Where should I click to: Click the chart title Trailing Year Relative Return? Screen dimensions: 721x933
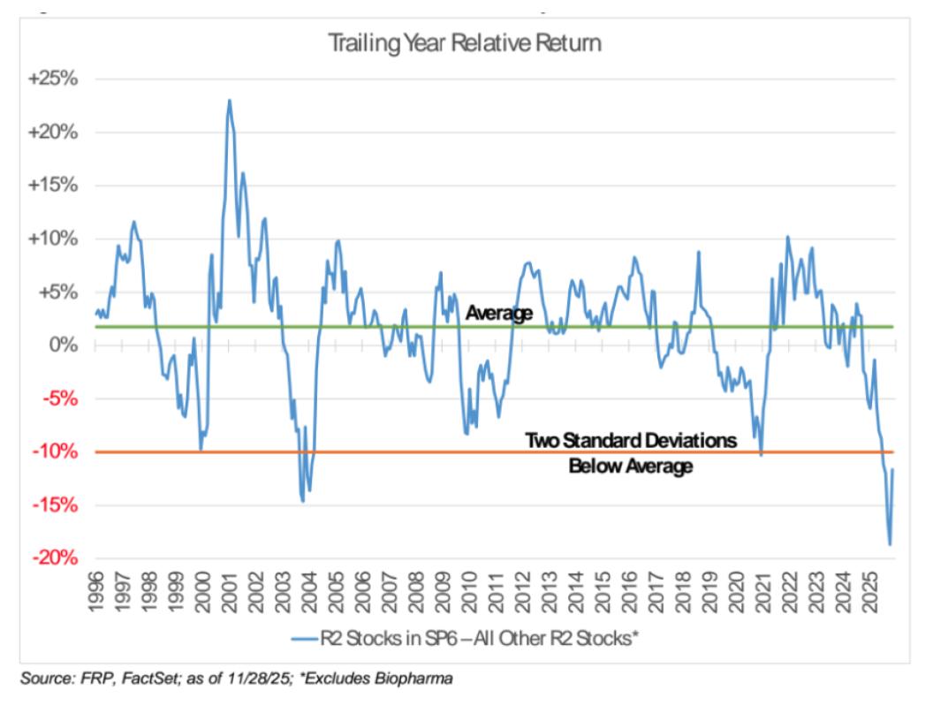point(465,43)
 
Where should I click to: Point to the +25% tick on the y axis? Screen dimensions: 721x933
point(55,79)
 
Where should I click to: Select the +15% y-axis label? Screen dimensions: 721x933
point(55,186)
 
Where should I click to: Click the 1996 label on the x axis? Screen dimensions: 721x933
point(96,591)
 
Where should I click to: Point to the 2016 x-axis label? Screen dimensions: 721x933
point(631,591)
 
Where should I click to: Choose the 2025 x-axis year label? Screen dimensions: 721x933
point(870,591)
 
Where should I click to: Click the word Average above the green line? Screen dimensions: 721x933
point(499,313)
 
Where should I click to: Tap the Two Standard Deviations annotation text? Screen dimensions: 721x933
point(630,440)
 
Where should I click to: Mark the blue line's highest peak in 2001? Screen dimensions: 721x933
point(230,100)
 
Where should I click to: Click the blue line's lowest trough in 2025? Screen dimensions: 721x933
point(889,544)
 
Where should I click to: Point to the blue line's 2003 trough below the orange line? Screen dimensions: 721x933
point(303,501)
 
